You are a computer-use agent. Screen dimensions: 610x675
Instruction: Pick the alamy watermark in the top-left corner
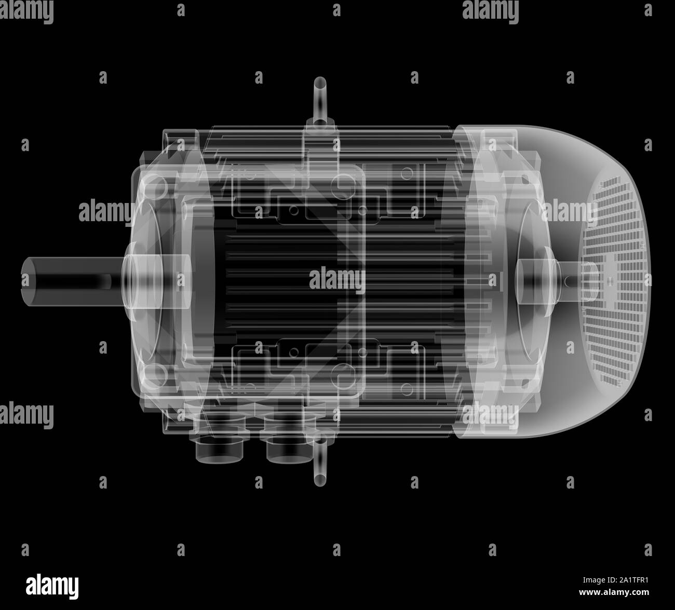point(26,11)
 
